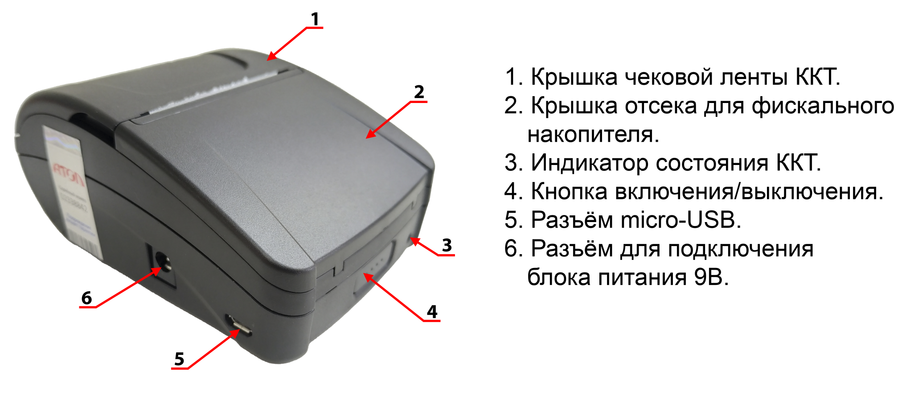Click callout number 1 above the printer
(315, 19)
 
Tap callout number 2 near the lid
(419, 92)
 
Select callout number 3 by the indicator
(447, 245)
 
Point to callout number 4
(432, 312)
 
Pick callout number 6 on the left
(86, 298)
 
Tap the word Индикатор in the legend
(590, 163)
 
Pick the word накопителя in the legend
(593, 134)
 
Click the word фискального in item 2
(823, 106)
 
